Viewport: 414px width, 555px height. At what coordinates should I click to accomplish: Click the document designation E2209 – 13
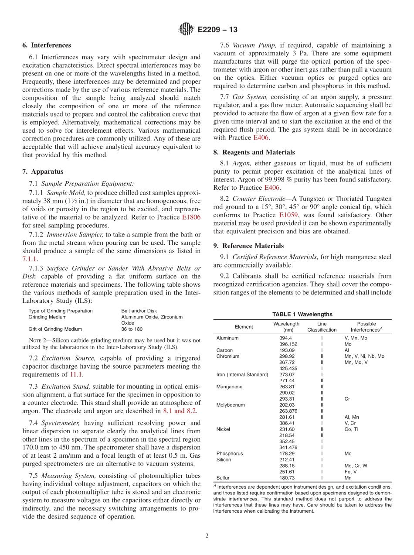pyautogui.click(x=217, y=30)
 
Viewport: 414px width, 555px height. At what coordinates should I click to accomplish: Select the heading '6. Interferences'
pyautogui.click(x=47, y=45)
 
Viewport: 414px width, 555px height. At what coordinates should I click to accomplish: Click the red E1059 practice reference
pyautogui.click(x=288, y=215)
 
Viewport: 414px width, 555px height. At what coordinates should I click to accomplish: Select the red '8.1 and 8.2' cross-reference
pyautogui.click(x=180, y=411)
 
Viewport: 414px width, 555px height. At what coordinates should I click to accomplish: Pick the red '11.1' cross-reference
pyautogui.click(x=76, y=374)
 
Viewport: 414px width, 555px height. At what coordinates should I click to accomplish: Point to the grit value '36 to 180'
pyautogui.click(x=132, y=329)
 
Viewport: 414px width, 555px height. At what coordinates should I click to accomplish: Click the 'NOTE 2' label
pyautogui.click(x=37, y=340)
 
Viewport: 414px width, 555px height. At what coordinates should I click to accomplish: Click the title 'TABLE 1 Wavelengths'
pyautogui.click(x=302, y=314)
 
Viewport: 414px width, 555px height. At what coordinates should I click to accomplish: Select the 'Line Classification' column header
pyautogui.click(x=322, y=327)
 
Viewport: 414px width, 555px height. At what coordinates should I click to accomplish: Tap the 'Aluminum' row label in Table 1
pyautogui.click(x=227, y=338)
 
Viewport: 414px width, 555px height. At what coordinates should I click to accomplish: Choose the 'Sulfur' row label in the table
pyautogui.click(x=224, y=478)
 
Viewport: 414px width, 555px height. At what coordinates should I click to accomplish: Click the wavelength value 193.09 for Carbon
pyautogui.click(x=287, y=350)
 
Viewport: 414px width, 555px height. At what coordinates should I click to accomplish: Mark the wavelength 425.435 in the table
pyautogui.click(x=288, y=368)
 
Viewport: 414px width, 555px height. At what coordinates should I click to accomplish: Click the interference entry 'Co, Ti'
pyautogui.click(x=353, y=429)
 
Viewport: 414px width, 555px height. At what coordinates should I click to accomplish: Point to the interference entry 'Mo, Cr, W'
pyautogui.click(x=356, y=466)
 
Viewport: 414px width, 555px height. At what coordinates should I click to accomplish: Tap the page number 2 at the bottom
pyautogui.click(x=207, y=536)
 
